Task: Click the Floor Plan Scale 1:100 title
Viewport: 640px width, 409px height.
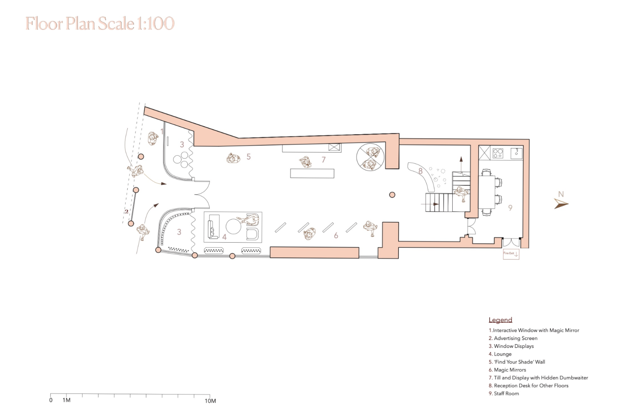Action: (100, 24)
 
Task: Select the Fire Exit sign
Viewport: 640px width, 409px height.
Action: (511, 254)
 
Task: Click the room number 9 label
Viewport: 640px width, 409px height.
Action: (510, 208)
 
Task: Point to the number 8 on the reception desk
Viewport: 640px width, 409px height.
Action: (421, 171)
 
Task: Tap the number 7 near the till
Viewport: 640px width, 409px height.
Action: (323, 159)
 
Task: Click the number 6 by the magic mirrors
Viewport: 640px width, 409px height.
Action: (336, 235)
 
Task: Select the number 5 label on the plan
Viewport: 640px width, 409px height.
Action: (249, 157)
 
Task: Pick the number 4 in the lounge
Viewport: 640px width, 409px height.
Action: (224, 237)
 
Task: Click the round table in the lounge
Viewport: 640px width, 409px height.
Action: (233, 226)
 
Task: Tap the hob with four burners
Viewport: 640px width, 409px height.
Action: (498, 153)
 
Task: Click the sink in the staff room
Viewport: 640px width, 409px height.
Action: (517, 153)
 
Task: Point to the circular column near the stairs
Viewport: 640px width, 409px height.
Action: (392, 195)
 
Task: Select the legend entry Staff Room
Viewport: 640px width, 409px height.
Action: (504, 393)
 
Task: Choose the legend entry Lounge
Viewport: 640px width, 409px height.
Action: (500, 354)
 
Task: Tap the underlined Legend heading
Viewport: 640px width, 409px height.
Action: (500, 320)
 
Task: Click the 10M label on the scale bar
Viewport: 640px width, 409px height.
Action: (210, 401)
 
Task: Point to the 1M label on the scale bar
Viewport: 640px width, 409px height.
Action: (67, 400)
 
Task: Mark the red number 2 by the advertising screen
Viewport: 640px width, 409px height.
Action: (127, 211)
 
